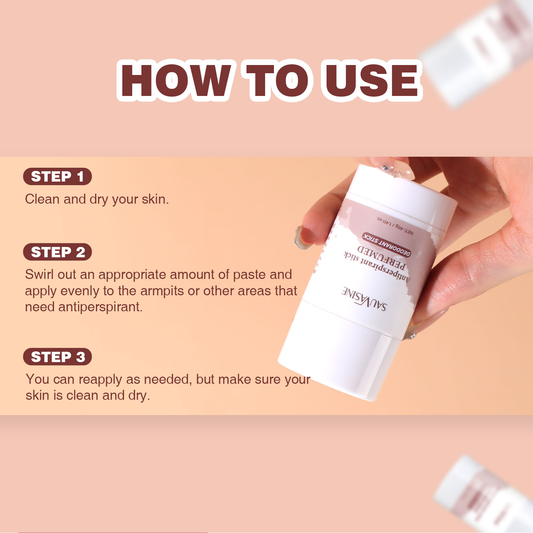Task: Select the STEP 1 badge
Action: point(57,177)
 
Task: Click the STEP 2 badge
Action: point(57,252)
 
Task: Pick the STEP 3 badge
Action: point(57,357)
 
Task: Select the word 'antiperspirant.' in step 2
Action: point(100,307)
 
